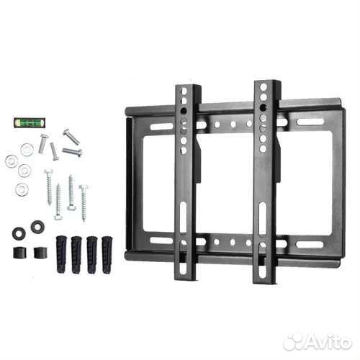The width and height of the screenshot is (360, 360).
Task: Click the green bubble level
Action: tap(30, 122)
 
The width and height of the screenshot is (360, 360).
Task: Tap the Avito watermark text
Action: tap(318, 341)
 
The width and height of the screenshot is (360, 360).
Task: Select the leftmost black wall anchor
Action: tap(61, 254)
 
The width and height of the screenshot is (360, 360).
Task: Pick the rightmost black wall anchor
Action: tap(107, 255)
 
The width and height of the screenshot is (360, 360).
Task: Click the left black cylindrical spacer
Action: tap(19, 253)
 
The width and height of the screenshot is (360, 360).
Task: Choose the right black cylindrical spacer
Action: tap(40, 253)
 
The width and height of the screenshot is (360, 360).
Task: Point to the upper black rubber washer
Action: tap(37, 226)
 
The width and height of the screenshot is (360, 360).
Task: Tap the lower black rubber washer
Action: tap(19, 233)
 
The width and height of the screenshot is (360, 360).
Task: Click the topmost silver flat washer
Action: tap(27, 150)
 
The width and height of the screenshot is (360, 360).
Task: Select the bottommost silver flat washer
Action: tap(22, 189)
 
